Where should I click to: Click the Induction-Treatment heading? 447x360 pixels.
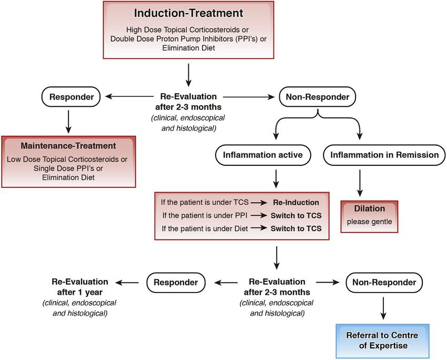pos(188,13)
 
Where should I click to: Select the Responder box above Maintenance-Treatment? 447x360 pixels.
pos(72,97)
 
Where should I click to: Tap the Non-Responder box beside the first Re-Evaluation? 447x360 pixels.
pos(317,97)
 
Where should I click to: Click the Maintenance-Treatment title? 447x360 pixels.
pos(68,146)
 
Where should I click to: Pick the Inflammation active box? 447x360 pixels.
pos(263,155)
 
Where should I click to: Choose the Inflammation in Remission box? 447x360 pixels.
pos(384,155)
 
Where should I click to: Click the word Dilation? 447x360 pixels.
pos(370,208)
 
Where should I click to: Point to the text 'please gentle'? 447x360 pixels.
pos(370,222)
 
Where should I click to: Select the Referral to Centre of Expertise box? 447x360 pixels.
pos(382,341)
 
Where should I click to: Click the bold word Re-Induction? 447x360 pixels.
pos(296,202)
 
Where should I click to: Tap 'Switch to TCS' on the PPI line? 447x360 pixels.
pos(296,215)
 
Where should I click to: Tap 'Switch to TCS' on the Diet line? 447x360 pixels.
pos(296,228)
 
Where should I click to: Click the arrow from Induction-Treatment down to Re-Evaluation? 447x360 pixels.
pos(188,75)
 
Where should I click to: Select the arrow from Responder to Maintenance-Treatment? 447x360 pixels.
pos(68,122)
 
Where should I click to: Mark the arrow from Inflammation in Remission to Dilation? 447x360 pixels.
pos(360,183)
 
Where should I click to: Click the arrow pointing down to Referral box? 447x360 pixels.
pos(383,308)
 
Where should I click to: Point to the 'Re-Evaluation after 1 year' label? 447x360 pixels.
pos(80,287)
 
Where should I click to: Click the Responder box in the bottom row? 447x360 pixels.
pos(176,283)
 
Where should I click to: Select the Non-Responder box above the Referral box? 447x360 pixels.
pos(384,283)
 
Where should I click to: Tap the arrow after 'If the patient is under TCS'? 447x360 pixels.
pos(259,203)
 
